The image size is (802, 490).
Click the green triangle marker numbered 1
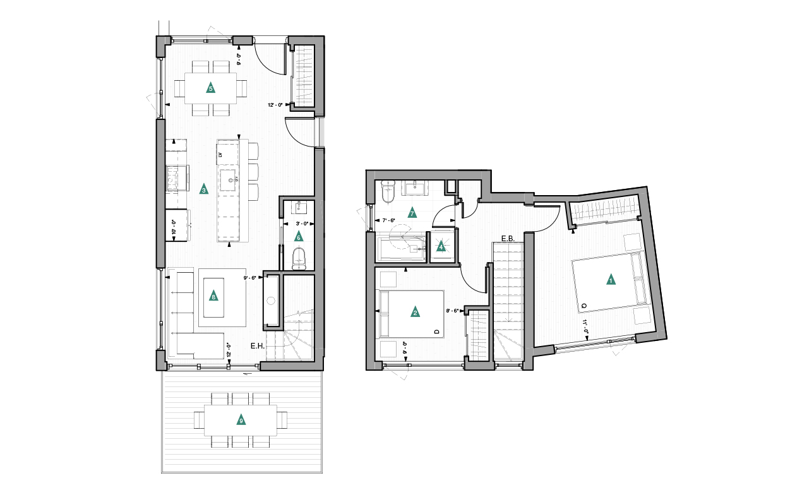click(611, 279)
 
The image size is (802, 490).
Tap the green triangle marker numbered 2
click(415, 312)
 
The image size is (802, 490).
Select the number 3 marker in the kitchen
click(203, 189)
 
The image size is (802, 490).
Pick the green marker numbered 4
click(441, 247)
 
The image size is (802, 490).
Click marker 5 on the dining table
click(210, 88)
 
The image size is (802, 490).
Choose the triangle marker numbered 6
click(299, 237)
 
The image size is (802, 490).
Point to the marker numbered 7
click(412, 213)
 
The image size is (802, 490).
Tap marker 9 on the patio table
click(241, 420)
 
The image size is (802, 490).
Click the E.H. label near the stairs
click(257, 346)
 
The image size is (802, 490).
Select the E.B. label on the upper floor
click(508, 239)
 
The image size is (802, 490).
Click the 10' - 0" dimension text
click(174, 226)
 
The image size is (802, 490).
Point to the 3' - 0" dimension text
click(301, 223)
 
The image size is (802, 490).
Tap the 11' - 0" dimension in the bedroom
click(586, 328)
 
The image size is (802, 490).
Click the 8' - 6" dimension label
click(453, 311)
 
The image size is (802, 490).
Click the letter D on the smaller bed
click(436, 332)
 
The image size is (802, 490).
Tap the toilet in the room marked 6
click(299, 258)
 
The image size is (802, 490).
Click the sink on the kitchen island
click(228, 180)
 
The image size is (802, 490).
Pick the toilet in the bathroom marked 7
click(388, 194)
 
